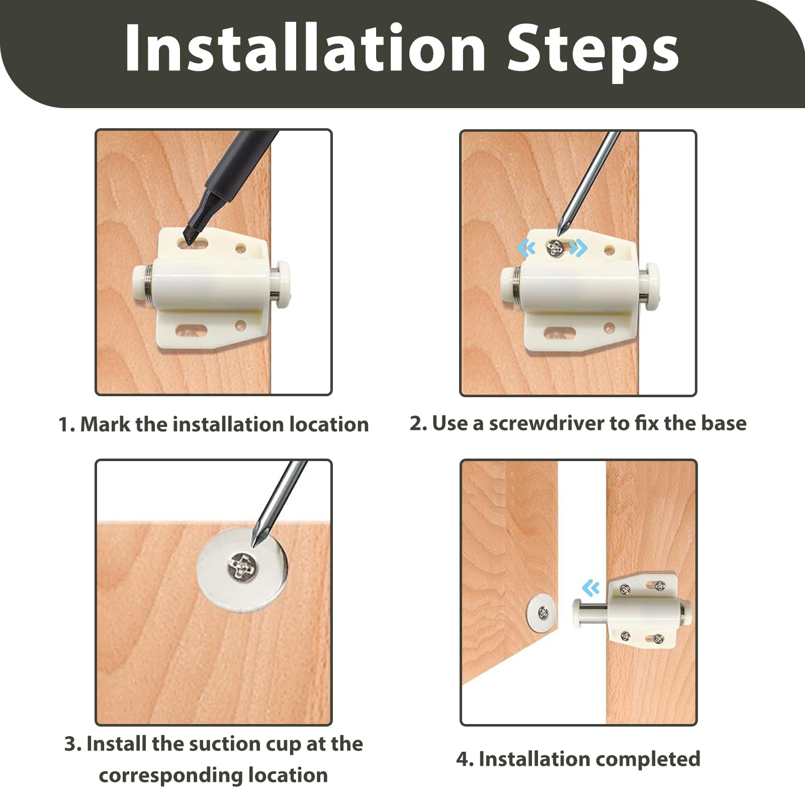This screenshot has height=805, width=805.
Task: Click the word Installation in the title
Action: [x=305, y=48]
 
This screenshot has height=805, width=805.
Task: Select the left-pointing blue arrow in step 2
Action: [x=526, y=247]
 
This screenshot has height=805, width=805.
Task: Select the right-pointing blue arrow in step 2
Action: [x=579, y=247]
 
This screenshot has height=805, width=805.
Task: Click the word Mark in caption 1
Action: [x=105, y=424]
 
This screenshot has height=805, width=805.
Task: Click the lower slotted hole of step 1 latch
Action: [x=192, y=331]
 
